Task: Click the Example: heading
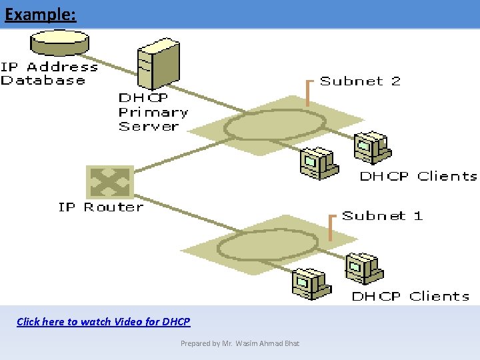click(40, 14)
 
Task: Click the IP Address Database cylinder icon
click(59, 44)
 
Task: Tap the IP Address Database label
click(48, 73)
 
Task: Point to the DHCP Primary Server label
click(153, 112)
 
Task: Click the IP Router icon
click(110, 182)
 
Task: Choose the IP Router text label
click(101, 207)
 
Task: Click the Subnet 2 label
click(360, 81)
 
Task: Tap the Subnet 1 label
click(382, 215)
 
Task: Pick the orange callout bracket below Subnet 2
click(308, 93)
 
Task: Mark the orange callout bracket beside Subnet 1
click(331, 227)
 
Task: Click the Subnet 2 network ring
click(275, 124)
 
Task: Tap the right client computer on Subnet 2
click(370, 147)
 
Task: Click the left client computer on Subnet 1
click(310, 283)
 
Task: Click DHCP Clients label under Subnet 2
click(418, 176)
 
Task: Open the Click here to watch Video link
click(103, 321)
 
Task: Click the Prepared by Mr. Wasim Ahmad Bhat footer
click(240, 343)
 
